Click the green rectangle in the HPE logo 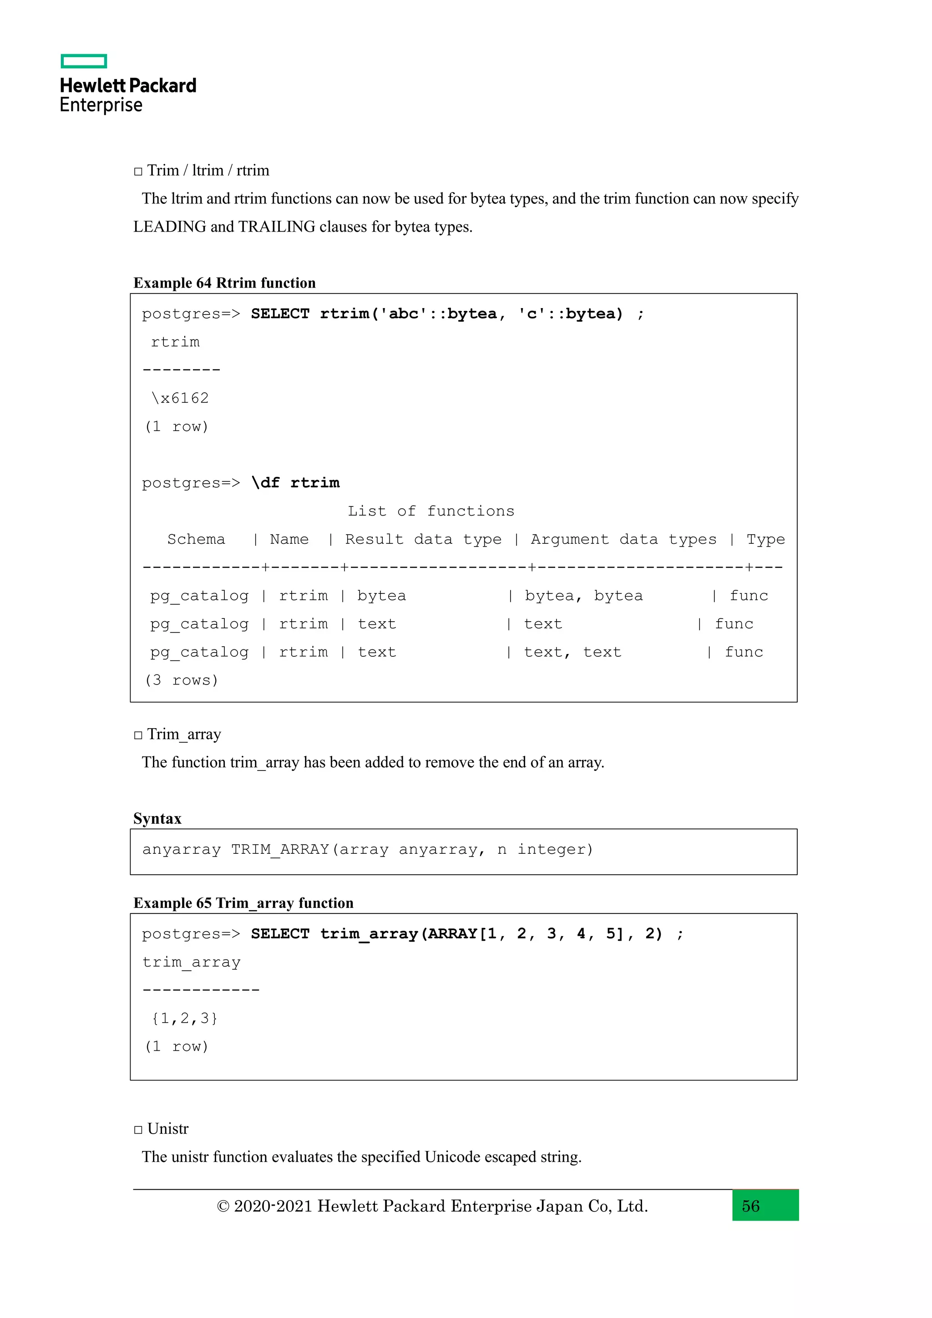84,61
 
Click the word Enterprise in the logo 101,105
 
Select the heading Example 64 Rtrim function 224,283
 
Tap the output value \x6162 180,398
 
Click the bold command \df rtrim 295,482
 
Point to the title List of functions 431,511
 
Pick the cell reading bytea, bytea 584,595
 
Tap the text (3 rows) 182,680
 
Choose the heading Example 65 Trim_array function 243,903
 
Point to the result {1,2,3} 184,1019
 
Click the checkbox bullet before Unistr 138,1129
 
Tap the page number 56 750,1206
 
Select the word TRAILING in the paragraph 277,227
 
